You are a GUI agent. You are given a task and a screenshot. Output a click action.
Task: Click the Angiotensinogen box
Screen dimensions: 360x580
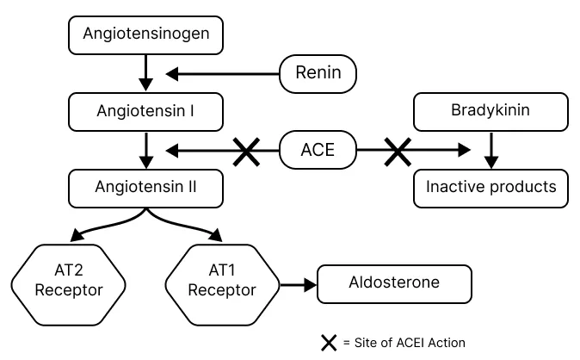(x=145, y=35)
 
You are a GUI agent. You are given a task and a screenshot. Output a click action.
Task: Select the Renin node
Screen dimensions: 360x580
(x=318, y=74)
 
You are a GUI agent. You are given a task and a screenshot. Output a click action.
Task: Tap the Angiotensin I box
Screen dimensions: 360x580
(x=145, y=111)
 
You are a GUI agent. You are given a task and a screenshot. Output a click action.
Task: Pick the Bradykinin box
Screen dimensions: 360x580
(x=491, y=111)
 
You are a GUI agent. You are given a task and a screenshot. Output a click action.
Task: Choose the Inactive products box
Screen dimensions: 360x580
(x=491, y=187)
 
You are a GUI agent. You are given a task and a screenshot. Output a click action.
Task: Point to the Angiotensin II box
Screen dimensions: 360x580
(x=145, y=187)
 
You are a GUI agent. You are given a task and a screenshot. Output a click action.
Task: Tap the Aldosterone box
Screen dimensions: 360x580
(x=394, y=282)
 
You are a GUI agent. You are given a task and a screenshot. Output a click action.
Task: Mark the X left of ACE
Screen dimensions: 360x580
(x=247, y=152)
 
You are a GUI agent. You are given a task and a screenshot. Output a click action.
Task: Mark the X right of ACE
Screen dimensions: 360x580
(x=397, y=152)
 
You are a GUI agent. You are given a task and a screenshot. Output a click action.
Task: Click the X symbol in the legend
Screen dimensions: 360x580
(x=329, y=343)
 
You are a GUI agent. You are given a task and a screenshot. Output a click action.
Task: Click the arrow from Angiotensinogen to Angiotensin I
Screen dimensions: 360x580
(x=145, y=73)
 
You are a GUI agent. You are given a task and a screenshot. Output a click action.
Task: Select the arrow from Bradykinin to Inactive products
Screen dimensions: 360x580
(x=491, y=149)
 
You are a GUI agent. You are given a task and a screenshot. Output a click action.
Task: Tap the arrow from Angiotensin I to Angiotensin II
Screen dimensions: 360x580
(x=145, y=149)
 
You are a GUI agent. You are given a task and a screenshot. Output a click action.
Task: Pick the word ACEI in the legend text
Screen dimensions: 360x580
(x=409, y=343)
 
